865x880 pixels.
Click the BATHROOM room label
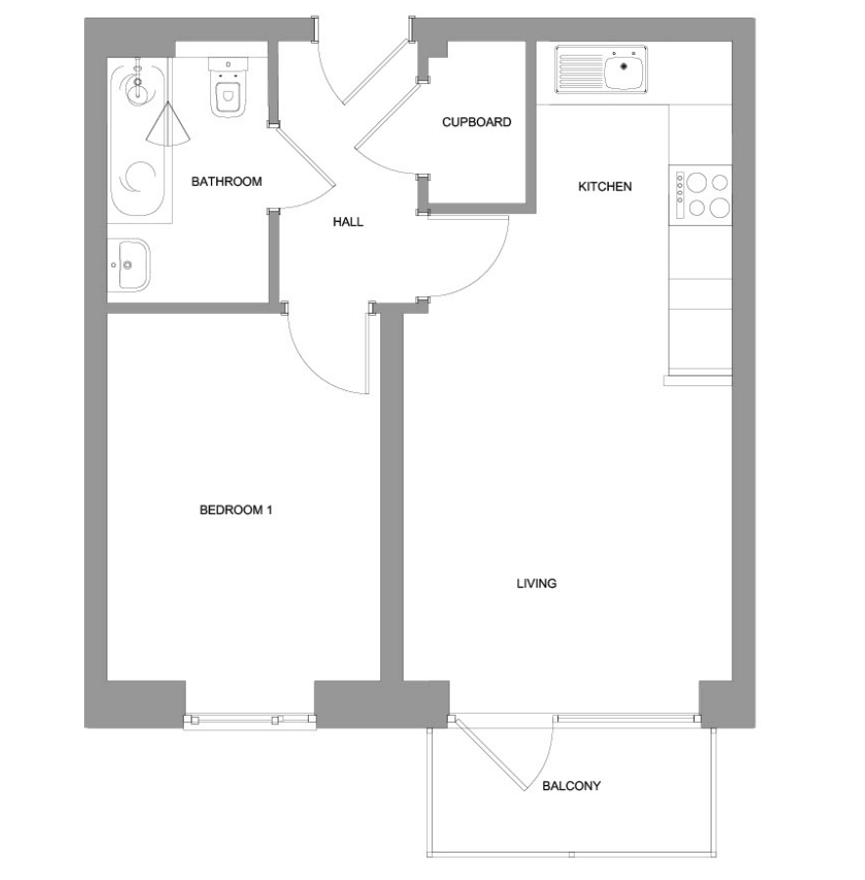coord(226,181)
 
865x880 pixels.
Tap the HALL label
coord(348,222)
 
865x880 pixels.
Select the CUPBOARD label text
coord(476,122)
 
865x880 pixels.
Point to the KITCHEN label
coord(605,187)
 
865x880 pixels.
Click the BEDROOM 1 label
coord(236,509)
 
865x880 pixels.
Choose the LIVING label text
coord(537,583)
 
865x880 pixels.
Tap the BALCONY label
coord(571,786)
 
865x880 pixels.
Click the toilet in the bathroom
coord(228,86)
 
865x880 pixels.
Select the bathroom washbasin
coord(129,265)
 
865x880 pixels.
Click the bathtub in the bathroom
coord(139,141)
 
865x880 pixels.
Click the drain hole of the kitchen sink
coord(624,66)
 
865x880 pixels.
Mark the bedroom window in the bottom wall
coord(249,720)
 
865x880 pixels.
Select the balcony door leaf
coord(491,754)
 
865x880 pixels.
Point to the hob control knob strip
coord(680,195)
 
